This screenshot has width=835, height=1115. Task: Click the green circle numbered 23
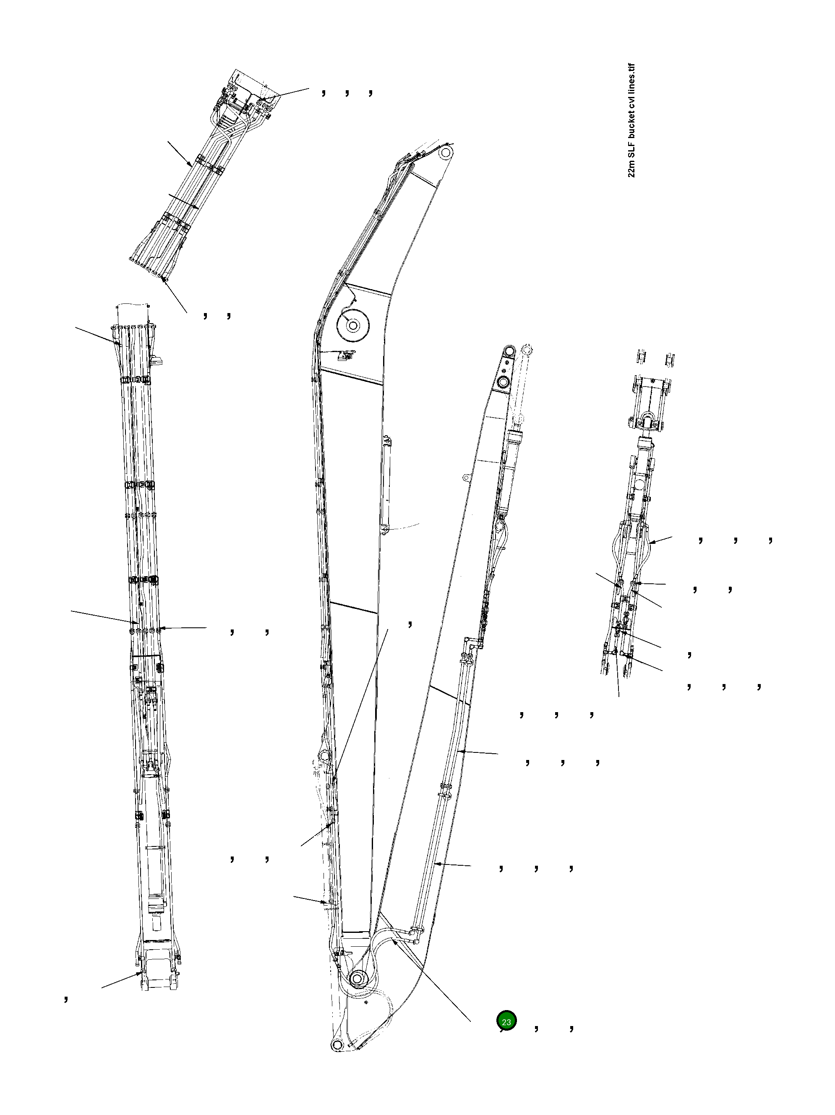506,1021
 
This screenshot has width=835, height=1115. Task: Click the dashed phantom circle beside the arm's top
527,349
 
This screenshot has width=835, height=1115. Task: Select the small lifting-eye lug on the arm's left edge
466,476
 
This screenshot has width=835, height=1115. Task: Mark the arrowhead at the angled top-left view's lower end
164,280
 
